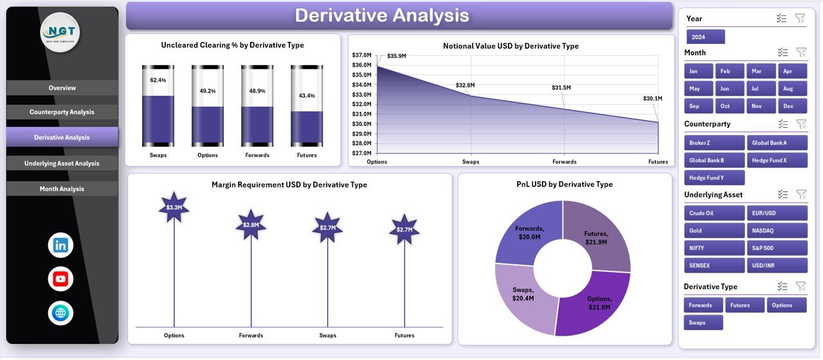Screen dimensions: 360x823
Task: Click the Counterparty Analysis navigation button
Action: coord(62,113)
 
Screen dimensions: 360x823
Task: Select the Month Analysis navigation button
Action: coord(62,189)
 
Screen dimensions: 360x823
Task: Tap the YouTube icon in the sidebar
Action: coord(60,279)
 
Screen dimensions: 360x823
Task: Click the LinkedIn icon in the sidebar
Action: coord(60,245)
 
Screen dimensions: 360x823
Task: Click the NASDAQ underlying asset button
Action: coord(777,231)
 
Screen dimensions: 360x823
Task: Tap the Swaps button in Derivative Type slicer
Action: coord(703,323)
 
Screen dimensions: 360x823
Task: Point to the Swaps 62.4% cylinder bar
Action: coord(158,106)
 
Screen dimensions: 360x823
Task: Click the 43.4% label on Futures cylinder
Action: coord(307,96)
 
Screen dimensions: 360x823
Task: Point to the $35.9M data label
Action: coord(397,56)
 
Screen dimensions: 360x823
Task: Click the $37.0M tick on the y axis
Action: coord(361,55)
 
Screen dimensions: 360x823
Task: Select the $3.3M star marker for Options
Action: coord(174,207)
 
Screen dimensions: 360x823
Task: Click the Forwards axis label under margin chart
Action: coord(251,335)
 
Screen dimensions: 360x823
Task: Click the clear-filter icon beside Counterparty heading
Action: coord(800,124)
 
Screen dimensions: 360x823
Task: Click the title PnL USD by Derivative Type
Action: coord(565,184)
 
